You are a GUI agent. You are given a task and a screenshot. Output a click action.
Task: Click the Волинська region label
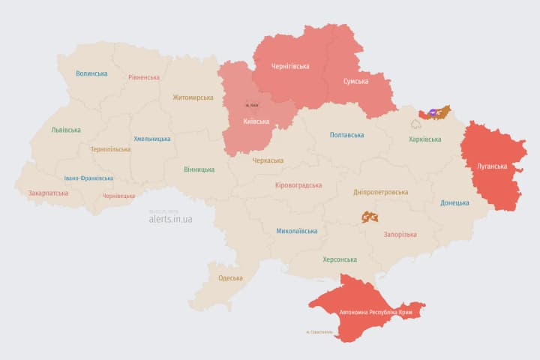pyautogui.click(x=91, y=73)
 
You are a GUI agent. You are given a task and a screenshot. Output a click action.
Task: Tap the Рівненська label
pyautogui.click(x=143, y=77)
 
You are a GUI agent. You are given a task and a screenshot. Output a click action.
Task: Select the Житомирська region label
pyautogui.click(x=193, y=97)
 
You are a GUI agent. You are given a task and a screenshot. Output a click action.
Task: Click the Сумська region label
pyautogui.click(x=355, y=81)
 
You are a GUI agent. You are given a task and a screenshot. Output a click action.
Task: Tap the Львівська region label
pyautogui.click(x=66, y=130)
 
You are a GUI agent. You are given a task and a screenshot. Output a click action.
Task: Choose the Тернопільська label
pyautogui.click(x=110, y=149)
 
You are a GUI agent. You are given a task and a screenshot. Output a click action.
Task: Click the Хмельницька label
pyautogui.click(x=151, y=139)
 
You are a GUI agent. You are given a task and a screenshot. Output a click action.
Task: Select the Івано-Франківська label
pyautogui.click(x=88, y=178)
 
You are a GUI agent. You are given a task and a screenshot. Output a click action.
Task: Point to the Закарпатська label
pyautogui.click(x=48, y=193)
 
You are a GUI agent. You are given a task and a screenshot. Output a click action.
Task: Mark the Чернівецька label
pyautogui.click(x=118, y=196)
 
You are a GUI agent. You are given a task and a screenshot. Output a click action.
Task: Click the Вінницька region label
pyautogui.click(x=199, y=169)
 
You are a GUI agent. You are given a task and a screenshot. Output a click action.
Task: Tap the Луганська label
pyautogui.click(x=492, y=166)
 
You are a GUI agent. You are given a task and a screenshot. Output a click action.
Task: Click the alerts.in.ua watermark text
pyautogui.click(x=170, y=219)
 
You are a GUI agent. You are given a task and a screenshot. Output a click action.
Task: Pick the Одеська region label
pyautogui.click(x=230, y=278)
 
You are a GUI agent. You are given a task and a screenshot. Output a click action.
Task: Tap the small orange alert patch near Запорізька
pyautogui.click(x=370, y=217)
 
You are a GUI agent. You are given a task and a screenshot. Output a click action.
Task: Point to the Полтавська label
pyautogui.click(x=346, y=135)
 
